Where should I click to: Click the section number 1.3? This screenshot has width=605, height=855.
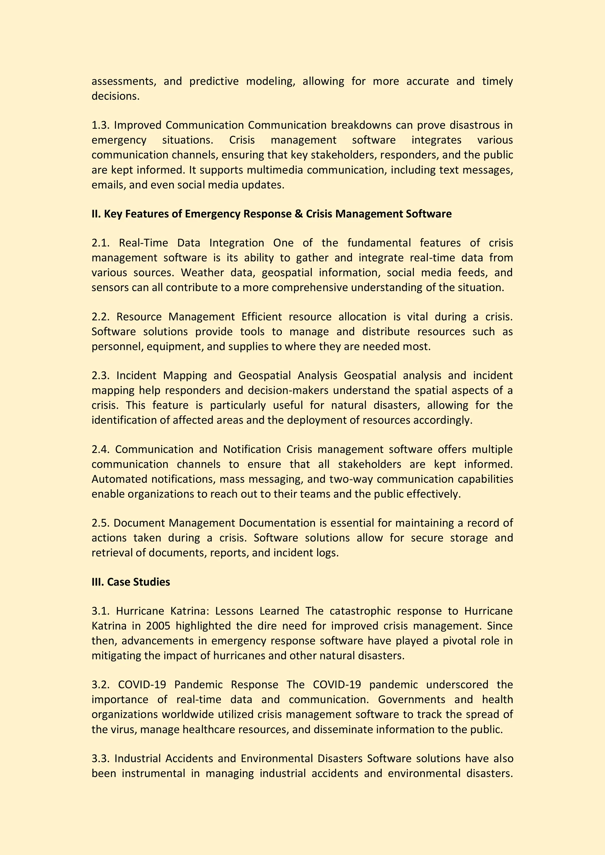[101, 125]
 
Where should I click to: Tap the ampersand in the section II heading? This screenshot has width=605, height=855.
[299, 214]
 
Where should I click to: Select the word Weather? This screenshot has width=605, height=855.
[202, 273]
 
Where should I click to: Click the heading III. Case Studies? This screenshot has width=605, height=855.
[131, 582]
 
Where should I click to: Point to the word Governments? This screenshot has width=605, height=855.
[412, 699]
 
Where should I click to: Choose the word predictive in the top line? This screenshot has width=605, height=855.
[214, 81]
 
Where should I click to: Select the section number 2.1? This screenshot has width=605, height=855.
[101, 243]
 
